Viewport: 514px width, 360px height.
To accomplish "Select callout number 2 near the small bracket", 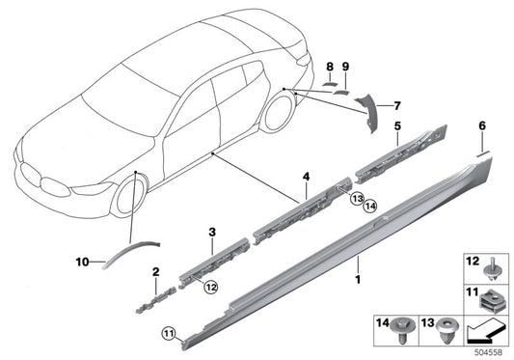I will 154,273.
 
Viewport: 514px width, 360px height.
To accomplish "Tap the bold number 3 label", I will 212,233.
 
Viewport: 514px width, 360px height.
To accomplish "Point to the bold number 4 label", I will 306,177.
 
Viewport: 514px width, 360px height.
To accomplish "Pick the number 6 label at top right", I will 482,125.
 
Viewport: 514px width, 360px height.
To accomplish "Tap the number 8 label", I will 329,67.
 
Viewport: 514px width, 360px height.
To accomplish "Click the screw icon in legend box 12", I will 487,263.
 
